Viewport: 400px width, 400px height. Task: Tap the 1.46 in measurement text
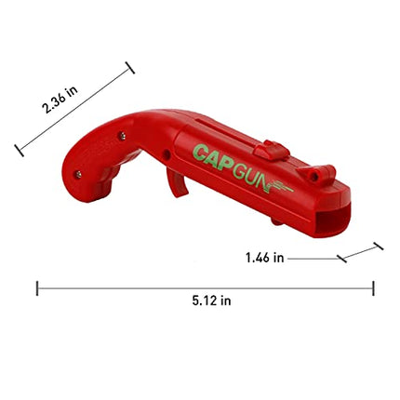pyautogui.click(x=264, y=258)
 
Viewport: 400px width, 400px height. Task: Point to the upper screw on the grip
pyautogui.click(x=122, y=138)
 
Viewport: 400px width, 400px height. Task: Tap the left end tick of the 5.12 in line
pyautogui.click(x=37, y=288)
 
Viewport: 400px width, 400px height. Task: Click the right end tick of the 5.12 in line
pyautogui.click(x=373, y=288)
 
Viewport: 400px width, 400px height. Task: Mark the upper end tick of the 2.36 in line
pyautogui.click(x=129, y=67)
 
